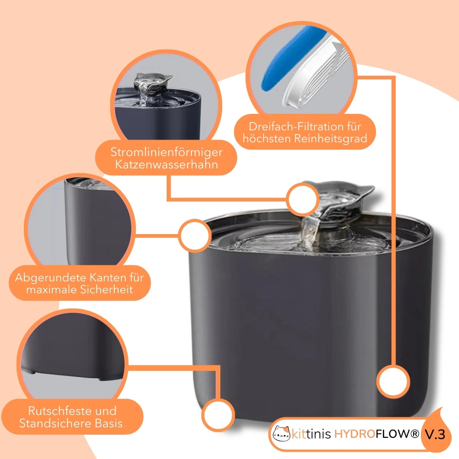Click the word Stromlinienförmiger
pos(166,152)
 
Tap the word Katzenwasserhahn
pos(166,164)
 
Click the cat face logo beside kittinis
pos(281,433)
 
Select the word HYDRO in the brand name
pos(355,434)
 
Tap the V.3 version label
pos(435,435)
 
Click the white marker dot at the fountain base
pos(218,415)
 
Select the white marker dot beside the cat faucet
pos(303,199)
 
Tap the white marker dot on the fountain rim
pos(195,235)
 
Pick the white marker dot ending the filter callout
pos(393,382)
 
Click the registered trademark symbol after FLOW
pos(415,434)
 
